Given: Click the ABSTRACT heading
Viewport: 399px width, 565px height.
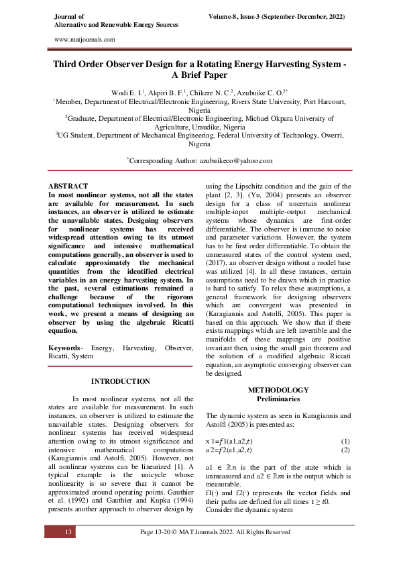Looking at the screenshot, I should coord(69,185).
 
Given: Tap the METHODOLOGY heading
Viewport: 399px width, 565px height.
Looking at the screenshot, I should coord(278,390).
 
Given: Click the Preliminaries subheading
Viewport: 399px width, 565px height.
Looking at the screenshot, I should coord(278,399).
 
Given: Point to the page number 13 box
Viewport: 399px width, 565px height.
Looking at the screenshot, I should coord(68,532).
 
